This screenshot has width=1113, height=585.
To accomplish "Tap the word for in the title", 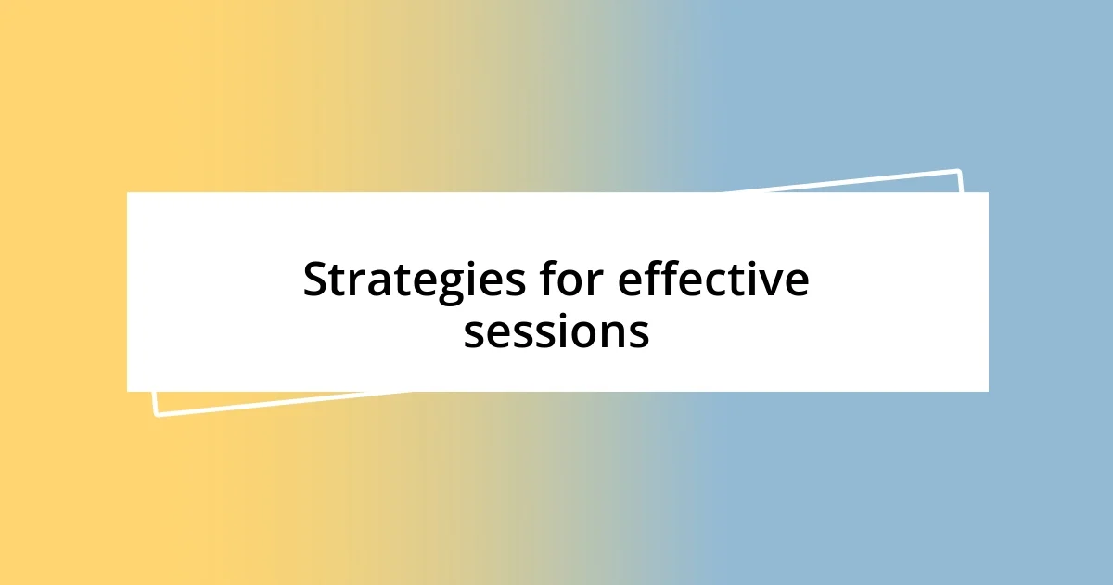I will [569, 280].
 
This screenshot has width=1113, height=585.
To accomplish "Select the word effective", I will [713, 280].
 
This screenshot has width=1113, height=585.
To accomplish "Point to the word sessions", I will [556, 331].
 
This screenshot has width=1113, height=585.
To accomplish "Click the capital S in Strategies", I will [317, 280].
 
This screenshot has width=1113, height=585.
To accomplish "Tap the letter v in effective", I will [773, 282].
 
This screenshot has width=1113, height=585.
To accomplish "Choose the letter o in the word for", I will [570, 282].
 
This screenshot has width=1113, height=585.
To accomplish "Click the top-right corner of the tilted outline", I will [959, 171].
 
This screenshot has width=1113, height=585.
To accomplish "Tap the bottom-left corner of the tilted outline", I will [156, 414].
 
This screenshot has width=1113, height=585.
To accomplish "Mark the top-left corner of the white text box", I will [128, 193].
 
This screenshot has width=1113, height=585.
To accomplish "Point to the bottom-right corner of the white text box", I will [988, 391].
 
